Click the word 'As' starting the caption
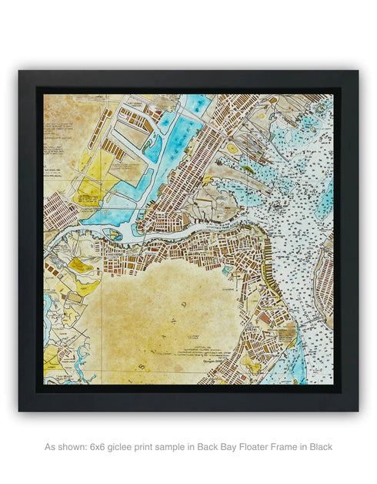click(50, 446)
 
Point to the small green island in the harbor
click(247, 169)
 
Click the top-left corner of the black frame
click(20, 72)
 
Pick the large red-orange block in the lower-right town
click(264, 317)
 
